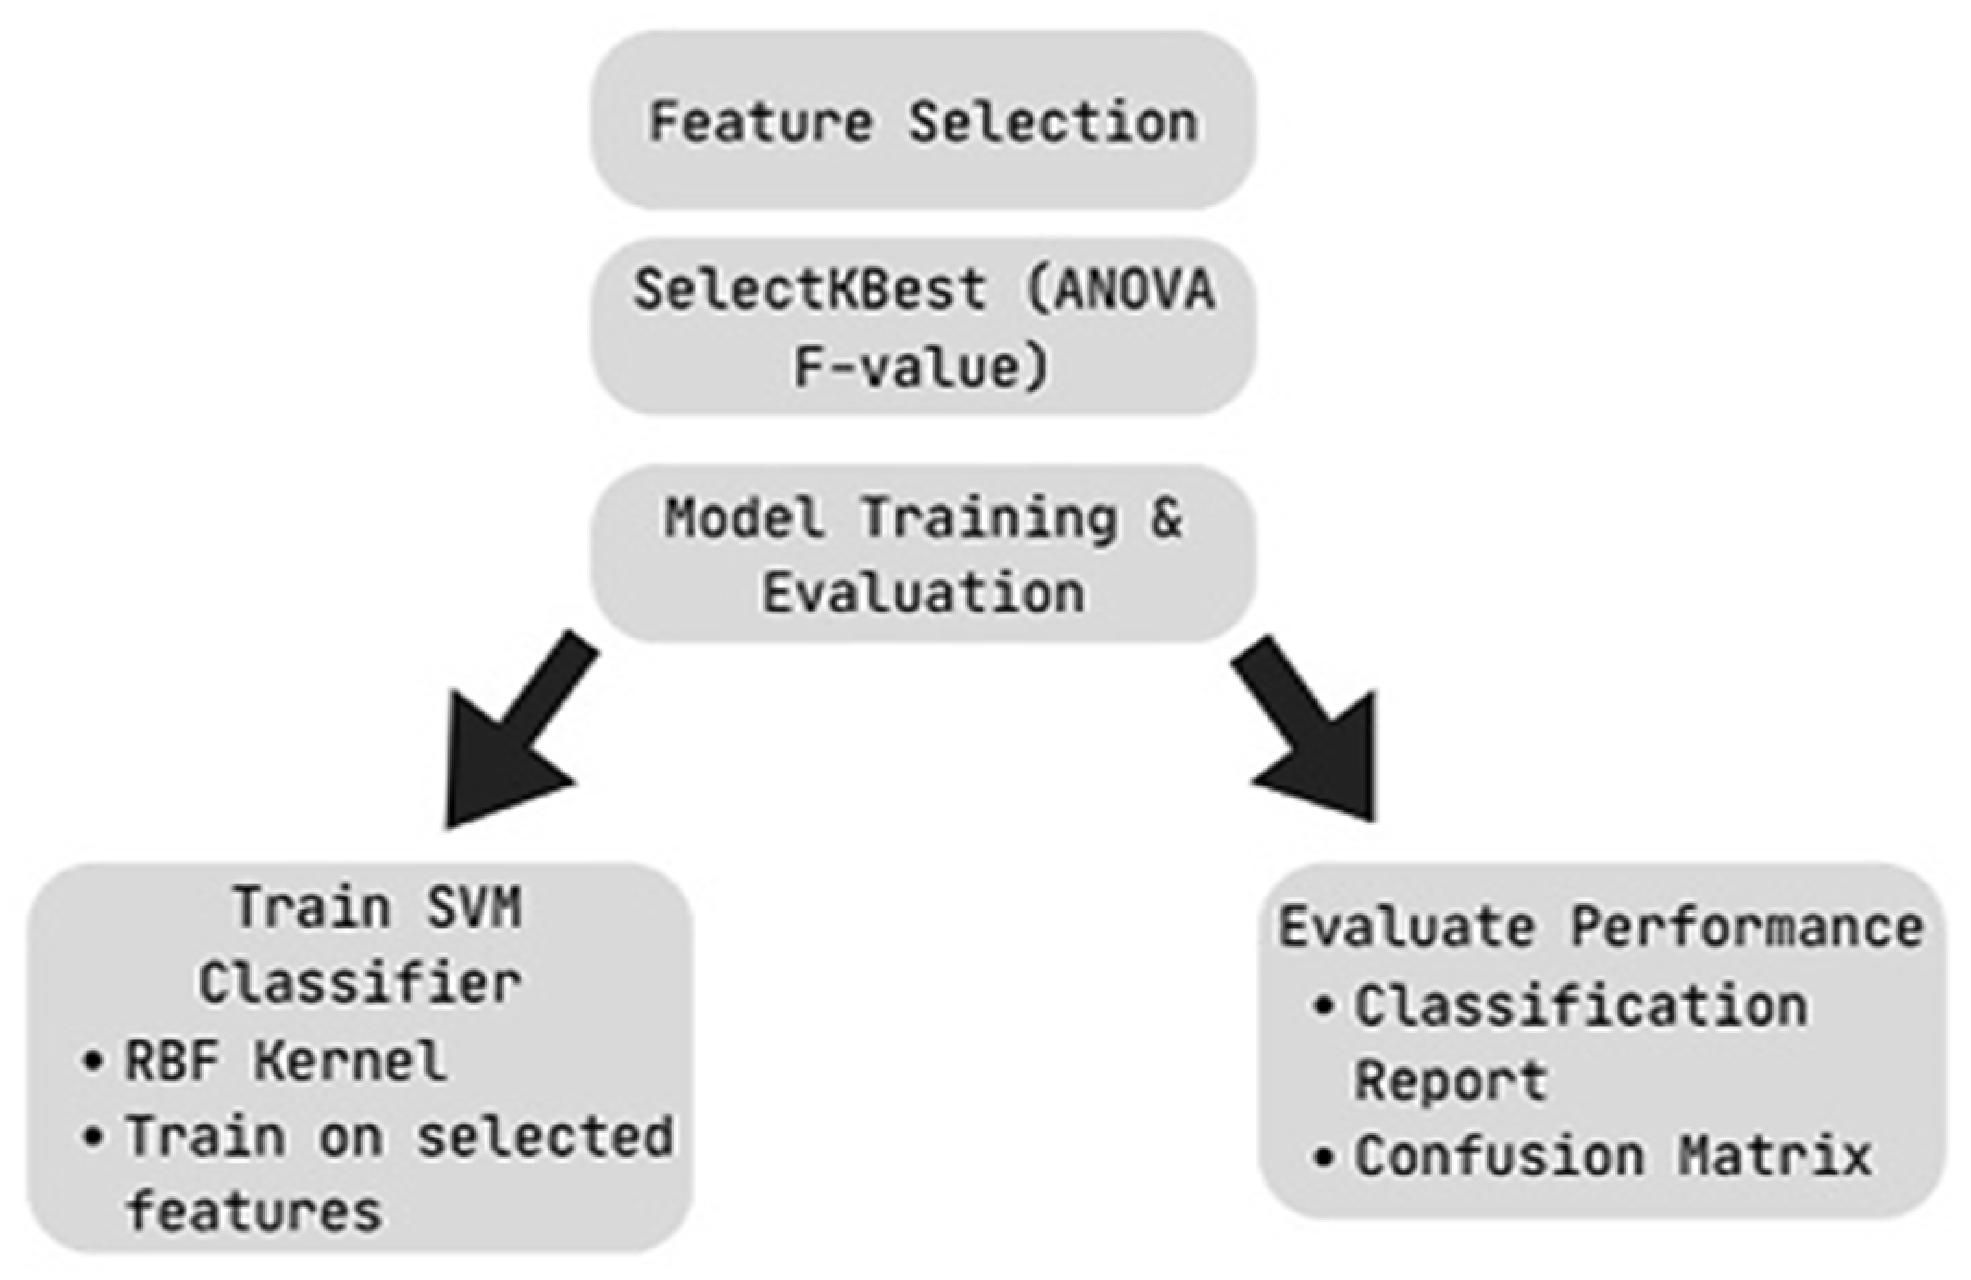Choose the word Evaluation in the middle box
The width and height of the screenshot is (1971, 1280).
(923, 593)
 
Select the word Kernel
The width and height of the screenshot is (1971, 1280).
(350, 1060)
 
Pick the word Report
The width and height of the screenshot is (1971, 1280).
(1451, 1080)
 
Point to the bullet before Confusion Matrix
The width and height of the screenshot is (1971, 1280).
(1324, 1156)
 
